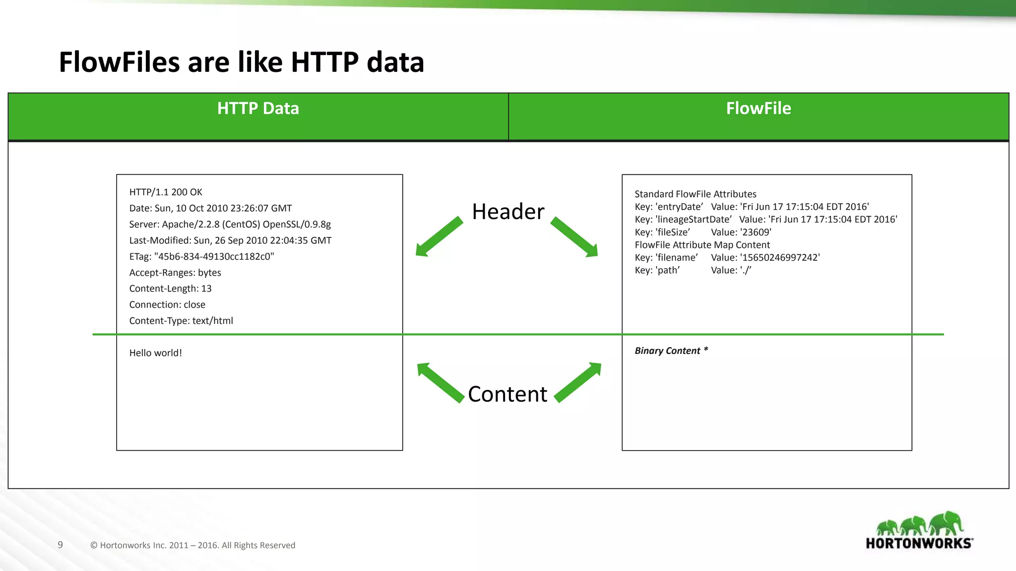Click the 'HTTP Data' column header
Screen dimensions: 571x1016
tap(258, 109)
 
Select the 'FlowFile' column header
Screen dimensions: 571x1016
tap(758, 109)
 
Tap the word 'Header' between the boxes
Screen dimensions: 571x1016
tap(508, 212)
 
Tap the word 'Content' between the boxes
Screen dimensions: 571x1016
tap(508, 394)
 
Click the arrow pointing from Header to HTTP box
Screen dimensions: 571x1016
tap(439, 237)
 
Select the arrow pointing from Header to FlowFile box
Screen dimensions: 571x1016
tap(574, 237)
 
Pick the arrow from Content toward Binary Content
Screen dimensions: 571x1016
tap(578, 382)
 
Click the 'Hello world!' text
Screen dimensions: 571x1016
tap(156, 353)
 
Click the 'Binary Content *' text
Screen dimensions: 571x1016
tap(671, 351)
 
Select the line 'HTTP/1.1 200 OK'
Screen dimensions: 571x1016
tap(166, 192)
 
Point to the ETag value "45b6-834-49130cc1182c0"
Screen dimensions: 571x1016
tap(214, 257)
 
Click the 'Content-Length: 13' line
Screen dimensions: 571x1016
tap(170, 288)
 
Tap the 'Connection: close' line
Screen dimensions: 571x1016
tap(167, 305)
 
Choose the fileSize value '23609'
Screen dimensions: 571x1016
tap(756, 232)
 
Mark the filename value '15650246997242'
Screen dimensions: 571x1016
tap(780, 258)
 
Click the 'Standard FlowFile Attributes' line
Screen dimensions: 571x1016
tap(695, 194)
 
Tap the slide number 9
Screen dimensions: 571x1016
tap(61, 545)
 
